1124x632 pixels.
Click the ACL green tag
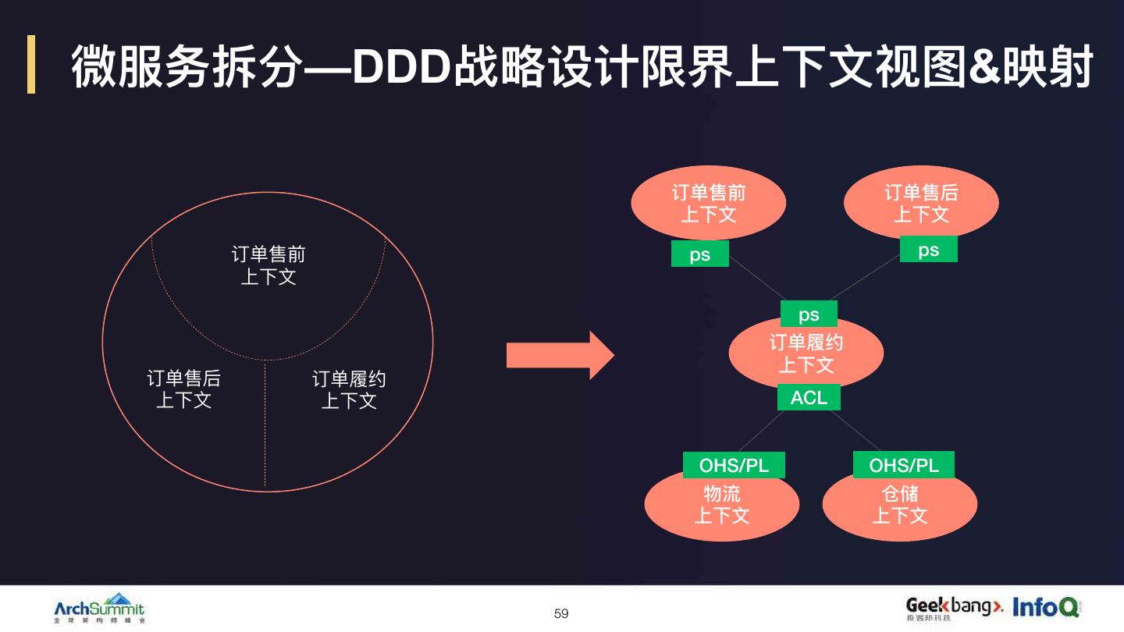pos(809,398)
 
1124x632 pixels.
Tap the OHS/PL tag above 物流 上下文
pos(734,466)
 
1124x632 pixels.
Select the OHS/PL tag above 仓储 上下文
pos(904,466)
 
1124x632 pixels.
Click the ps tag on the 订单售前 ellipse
pos(700,254)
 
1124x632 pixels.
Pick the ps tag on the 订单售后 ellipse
pos(928,250)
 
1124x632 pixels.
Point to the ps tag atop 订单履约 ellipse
pos(809,314)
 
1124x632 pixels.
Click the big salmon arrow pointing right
pos(560,356)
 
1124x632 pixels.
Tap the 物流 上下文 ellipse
pos(722,506)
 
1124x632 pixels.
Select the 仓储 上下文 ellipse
pos(900,506)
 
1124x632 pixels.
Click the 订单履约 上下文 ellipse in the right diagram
pos(806,355)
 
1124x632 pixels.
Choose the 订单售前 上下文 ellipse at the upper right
pos(708,204)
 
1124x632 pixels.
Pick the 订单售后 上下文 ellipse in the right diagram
pos(921,204)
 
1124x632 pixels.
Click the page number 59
pos(561,614)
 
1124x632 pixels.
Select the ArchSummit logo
pos(99,608)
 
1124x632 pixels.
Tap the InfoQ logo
pos(1046,606)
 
